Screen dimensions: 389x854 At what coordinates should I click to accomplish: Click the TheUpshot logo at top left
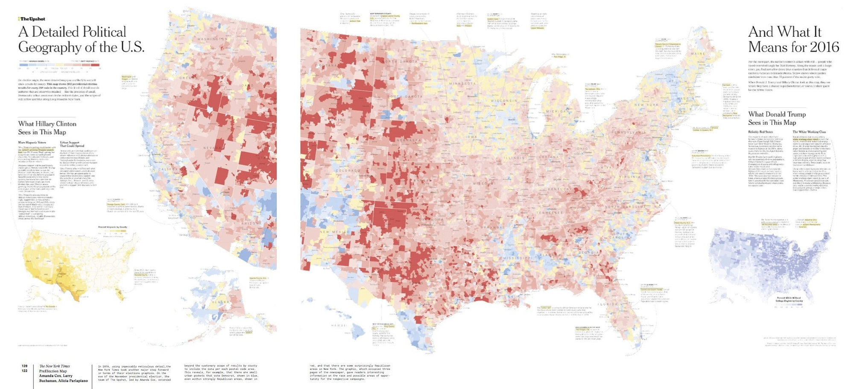click(32, 19)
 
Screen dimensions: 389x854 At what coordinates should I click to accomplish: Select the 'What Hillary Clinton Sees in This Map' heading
click(47, 128)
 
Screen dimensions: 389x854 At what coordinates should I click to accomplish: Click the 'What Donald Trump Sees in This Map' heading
click(777, 118)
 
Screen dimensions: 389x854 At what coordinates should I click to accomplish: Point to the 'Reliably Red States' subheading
click(760, 132)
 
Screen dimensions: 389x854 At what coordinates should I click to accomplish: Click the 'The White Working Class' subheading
click(809, 132)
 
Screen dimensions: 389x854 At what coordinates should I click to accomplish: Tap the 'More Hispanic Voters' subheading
click(32, 142)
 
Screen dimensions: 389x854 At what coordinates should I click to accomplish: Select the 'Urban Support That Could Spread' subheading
click(72, 144)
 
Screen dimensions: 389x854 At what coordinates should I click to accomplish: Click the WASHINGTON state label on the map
click(212, 39)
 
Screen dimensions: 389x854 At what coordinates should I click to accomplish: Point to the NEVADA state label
click(212, 147)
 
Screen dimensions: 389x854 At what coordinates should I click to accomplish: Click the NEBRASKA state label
click(409, 140)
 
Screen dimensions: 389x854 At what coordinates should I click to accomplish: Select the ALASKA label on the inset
click(221, 302)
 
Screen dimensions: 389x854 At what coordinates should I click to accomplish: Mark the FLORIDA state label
click(607, 304)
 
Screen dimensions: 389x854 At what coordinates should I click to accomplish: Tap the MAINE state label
click(698, 54)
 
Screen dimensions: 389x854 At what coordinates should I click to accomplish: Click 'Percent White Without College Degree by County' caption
click(789, 299)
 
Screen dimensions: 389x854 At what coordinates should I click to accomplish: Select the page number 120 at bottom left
click(24, 366)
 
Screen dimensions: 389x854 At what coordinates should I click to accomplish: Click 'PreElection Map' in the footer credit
click(53, 371)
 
